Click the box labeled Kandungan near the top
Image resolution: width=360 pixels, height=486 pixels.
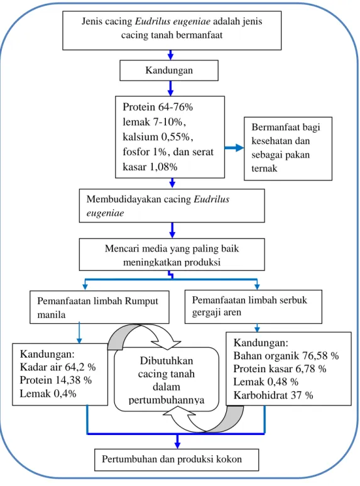169,70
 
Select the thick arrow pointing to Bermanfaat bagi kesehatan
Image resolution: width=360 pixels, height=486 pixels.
234,148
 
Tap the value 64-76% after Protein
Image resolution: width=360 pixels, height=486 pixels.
175,107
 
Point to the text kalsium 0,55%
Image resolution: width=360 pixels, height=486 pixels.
158,136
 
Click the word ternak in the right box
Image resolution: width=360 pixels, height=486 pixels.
265,168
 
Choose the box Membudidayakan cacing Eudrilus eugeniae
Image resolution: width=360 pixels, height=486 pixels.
172,206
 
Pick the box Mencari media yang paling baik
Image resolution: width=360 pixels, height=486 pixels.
172,255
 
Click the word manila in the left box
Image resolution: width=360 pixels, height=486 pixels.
52,315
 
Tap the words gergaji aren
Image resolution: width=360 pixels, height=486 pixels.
217,312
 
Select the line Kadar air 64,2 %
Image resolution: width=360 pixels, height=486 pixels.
58,367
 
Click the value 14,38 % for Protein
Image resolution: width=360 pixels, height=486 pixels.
74,380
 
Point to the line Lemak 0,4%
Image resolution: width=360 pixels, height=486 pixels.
48,394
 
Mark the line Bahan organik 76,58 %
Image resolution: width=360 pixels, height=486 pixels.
286,356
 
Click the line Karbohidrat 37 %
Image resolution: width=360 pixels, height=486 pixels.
273,395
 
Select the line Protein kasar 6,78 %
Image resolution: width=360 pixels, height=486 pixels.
280,369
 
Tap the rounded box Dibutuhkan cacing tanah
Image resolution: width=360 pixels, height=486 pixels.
166,379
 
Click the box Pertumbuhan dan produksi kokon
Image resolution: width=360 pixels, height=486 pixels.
177,460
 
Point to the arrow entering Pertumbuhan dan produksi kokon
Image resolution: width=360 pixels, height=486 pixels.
177,441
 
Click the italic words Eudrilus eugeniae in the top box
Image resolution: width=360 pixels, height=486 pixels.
173,21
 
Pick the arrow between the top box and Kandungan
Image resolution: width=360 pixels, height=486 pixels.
170,55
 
